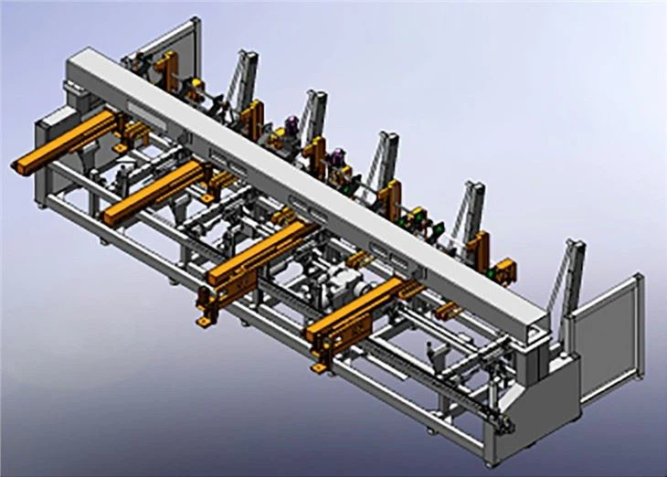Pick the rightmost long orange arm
pos(356,311)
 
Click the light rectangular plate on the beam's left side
pos(143,110)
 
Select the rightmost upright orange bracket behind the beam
pos(503,269)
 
